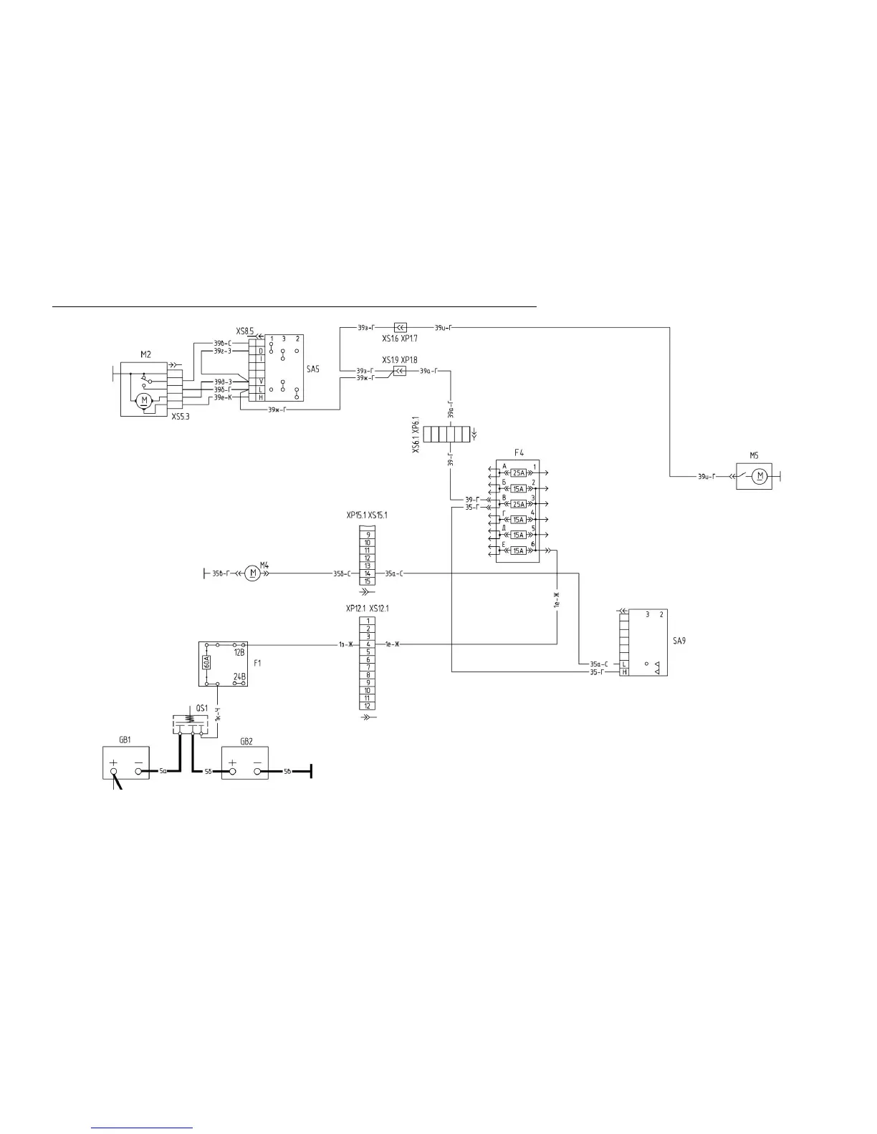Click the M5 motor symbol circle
coord(762,476)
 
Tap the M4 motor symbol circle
coord(251,573)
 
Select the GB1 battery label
coord(125,740)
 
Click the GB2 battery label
coord(246,741)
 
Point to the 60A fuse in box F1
coord(206,661)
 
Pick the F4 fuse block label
coord(519,452)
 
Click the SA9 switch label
coord(679,641)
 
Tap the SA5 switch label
coord(312,369)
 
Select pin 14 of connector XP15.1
coord(368,573)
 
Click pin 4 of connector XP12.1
coord(368,644)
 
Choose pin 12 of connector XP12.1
coord(368,706)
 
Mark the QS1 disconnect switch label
coord(202,708)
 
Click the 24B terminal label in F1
coord(239,677)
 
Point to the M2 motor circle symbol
coord(144,399)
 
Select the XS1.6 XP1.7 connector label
coord(400,339)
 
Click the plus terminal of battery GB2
coord(231,772)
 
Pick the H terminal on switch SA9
coord(625,672)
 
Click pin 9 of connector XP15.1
coord(368,535)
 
